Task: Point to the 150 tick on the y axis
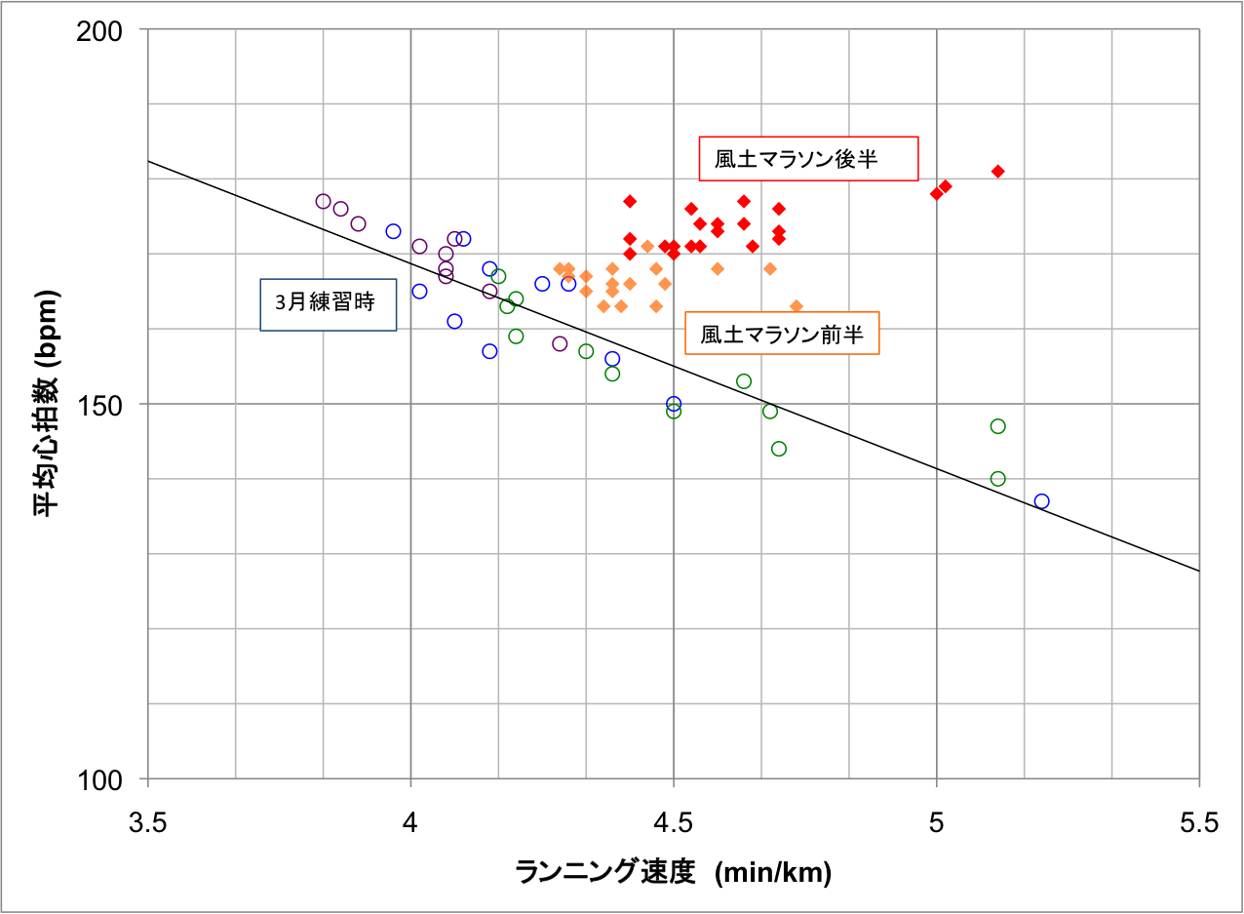pyautogui.click(x=101, y=405)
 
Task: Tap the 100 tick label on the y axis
pyautogui.click(x=101, y=779)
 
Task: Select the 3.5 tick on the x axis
pyautogui.click(x=147, y=823)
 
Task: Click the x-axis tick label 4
pyautogui.click(x=410, y=823)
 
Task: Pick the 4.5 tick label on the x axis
pyautogui.click(x=674, y=823)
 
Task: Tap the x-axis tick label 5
pyautogui.click(x=936, y=823)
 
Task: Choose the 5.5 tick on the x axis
pyautogui.click(x=1199, y=823)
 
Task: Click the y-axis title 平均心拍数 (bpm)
pyautogui.click(x=48, y=405)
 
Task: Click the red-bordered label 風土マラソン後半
pyautogui.click(x=809, y=159)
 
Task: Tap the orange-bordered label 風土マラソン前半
pyautogui.click(x=782, y=334)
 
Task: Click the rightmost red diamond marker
pyautogui.click(x=997, y=172)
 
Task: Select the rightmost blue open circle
pyautogui.click(x=1041, y=501)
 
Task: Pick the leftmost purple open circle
pyautogui.click(x=324, y=201)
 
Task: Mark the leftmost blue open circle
pyautogui.click(x=393, y=231)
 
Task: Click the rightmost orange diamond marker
pyautogui.click(x=797, y=306)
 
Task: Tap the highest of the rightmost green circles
pyautogui.click(x=997, y=426)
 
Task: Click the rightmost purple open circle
pyautogui.click(x=560, y=343)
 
